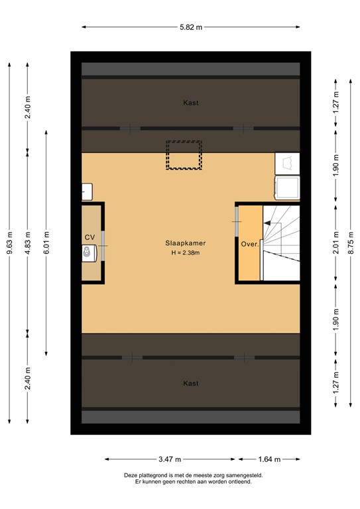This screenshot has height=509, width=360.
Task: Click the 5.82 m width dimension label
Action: pos(191,27)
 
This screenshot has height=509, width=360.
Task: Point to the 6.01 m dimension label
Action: pos(46,243)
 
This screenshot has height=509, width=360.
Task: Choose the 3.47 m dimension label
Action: pos(170,459)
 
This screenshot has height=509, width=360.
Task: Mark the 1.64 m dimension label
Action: pos(269,459)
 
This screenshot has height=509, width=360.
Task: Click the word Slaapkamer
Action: pos(186,243)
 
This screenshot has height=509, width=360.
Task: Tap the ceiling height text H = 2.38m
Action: pos(186,253)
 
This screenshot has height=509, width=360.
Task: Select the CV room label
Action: pos(90,237)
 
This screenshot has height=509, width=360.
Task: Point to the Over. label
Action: pos(249,243)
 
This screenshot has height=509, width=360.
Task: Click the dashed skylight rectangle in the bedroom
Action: pos(184,155)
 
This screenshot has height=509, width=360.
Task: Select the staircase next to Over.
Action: pos(281,242)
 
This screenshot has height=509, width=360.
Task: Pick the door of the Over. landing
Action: pos(237,221)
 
